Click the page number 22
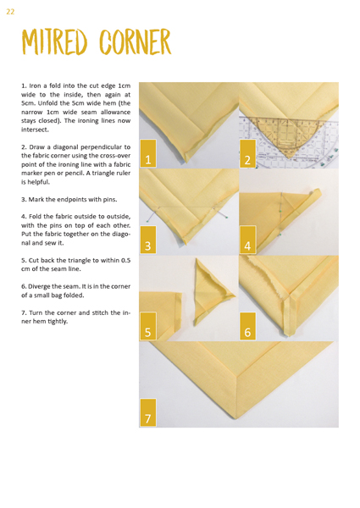10,12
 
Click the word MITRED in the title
54,41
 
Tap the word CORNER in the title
136,41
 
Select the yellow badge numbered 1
148,153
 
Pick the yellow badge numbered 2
247,153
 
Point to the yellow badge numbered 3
148,240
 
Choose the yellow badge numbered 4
247,240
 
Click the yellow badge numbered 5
148,326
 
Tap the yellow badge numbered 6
247,326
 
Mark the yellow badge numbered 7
148,412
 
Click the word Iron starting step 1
35,86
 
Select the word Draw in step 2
36,147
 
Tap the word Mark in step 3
36,200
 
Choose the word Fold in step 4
35,217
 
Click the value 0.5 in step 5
125,261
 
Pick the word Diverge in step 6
39,287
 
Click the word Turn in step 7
36,313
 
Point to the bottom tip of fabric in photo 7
235,419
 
